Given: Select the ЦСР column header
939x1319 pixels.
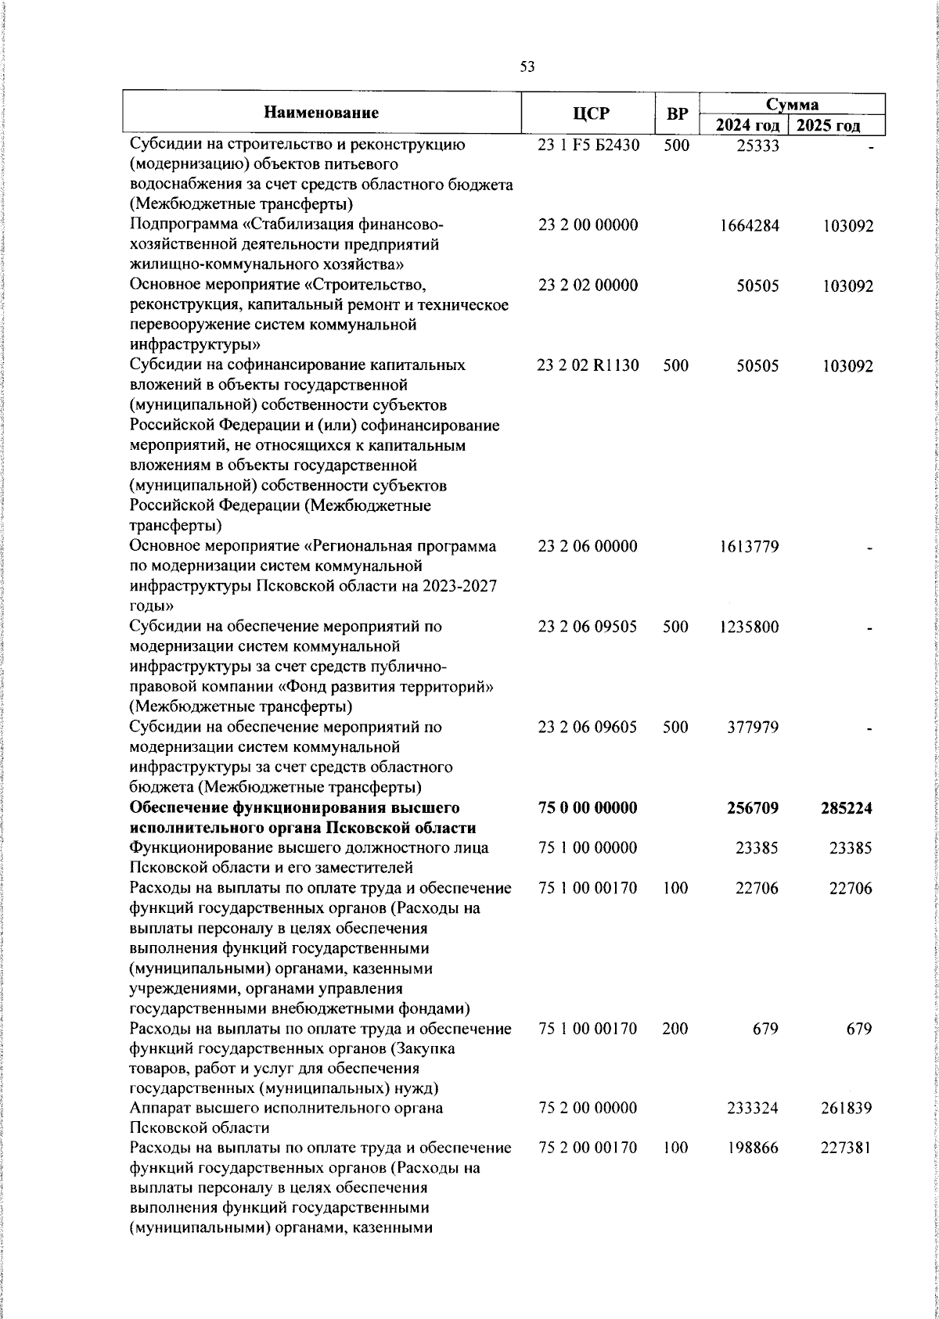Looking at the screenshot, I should point(591,114).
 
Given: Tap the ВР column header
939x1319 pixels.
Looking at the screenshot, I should point(677,114).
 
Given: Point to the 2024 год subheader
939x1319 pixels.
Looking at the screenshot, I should point(745,126).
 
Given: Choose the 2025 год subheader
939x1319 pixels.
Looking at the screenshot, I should point(835,126).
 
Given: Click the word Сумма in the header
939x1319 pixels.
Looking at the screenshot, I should point(791,104).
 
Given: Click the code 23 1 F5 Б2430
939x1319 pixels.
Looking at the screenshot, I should point(588,146).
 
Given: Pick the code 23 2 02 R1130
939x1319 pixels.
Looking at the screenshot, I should point(588,365).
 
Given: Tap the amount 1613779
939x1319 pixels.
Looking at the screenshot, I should point(749,546).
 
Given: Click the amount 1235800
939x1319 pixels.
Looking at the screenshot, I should point(749,627).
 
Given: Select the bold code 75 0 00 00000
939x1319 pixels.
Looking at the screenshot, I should point(588,807).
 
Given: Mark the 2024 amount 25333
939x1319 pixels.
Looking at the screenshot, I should point(757,146).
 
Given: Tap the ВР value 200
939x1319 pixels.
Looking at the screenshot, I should point(675,1029).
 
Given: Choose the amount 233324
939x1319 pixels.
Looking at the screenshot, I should point(753,1109).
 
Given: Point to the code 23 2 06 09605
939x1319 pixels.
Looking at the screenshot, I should point(588,727).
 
